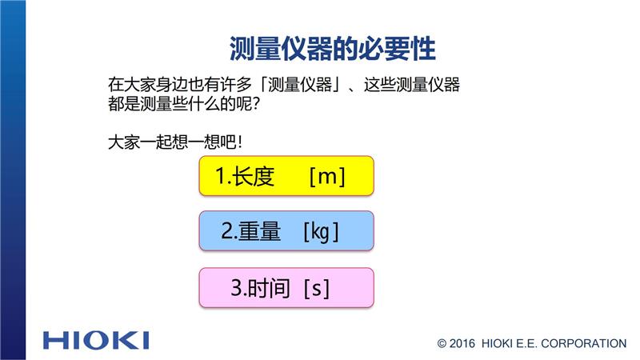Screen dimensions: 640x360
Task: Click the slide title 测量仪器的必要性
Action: click(332, 49)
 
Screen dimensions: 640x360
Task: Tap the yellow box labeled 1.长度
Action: click(286, 176)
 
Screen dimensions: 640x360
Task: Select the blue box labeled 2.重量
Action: click(286, 230)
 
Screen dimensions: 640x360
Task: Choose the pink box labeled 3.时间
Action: click(286, 287)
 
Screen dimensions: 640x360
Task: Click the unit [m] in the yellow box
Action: click(327, 176)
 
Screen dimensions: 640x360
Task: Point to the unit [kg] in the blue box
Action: click(322, 232)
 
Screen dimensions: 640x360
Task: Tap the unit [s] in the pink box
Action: click(317, 288)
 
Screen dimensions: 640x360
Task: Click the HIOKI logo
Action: click(96, 341)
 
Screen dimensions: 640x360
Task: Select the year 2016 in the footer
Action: click(462, 344)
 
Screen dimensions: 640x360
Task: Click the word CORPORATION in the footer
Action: click(584, 344)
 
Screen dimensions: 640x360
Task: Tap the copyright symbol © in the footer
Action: click(442, 344)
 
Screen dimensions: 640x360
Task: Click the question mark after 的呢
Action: click(256, 104)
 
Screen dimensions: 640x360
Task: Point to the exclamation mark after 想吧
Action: click(240, 142)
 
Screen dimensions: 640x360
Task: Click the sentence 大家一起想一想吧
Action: click(175, 142)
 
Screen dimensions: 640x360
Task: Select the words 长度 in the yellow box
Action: click(253, 176)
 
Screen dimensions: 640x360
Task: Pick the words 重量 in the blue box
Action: click(259, 231)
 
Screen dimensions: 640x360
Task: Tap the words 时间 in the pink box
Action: click(270, 288)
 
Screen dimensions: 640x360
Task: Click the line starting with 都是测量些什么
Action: click(184, 104)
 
